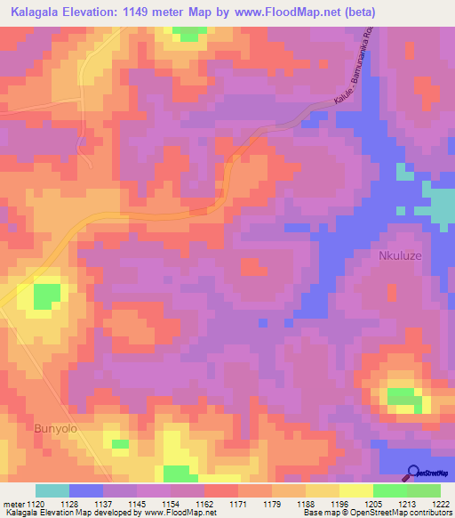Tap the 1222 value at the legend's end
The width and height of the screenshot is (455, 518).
pyautogui.click(x=439, y=503)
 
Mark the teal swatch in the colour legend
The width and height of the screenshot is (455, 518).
pyautogui.click(x=52, y=490)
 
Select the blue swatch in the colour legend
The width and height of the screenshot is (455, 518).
pyautogui.click(x=86, y=490)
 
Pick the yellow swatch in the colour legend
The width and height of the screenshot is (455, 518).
pyautogui.click(x=355, y=490)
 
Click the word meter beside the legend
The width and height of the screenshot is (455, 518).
pyautogui.click(x=13, y=503)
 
